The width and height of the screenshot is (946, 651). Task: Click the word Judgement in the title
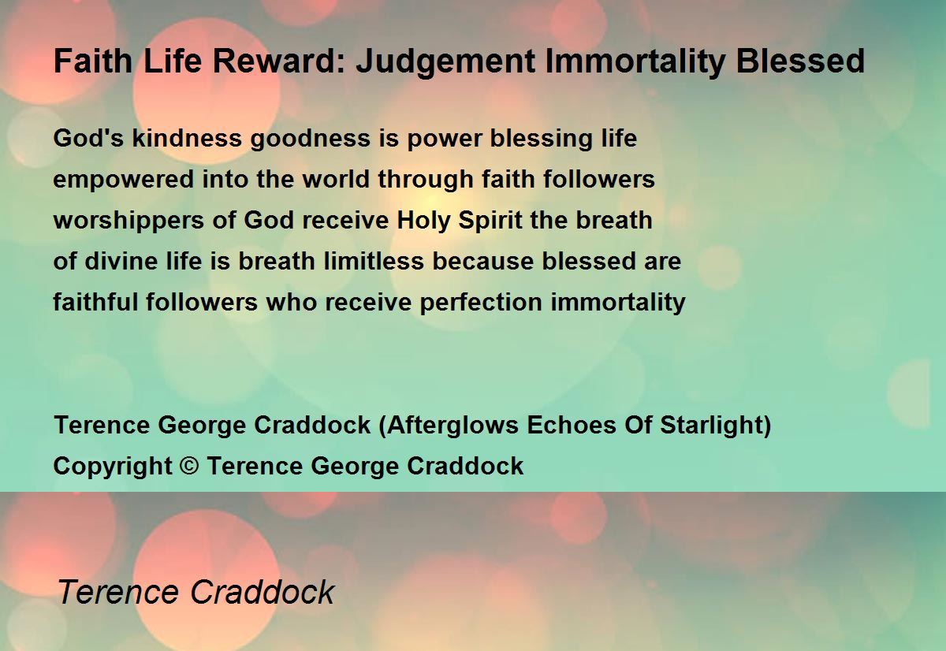tap(445, 62)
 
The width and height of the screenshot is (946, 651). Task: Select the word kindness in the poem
tap(187, 138)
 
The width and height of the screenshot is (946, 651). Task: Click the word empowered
tap(123, 180)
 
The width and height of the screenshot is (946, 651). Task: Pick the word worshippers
tap(128, 221)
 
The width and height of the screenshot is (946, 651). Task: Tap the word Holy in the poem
tap(423, 221)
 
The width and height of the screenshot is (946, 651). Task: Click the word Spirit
tap(490, 221)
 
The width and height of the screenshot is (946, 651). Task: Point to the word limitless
tap(374, 261)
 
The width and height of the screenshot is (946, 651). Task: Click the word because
tap(482, 261)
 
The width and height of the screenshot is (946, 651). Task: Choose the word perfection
tap(481, 303)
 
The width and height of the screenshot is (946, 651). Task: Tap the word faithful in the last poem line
tap(95, 302)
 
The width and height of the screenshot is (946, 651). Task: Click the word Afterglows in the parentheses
tap(453, 425)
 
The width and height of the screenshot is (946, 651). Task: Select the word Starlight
tap(712, 425)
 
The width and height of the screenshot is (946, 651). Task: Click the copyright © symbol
tap(188, 466)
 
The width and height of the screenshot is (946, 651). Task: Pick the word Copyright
tap(113, 467)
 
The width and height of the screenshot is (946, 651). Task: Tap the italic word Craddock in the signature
tap(263, 592)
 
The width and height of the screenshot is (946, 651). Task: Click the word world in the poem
tap(336, 179)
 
